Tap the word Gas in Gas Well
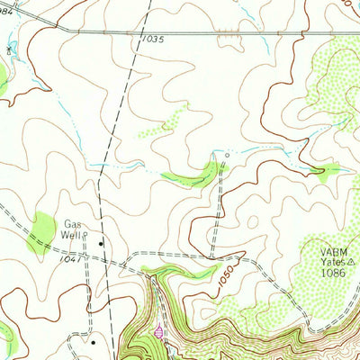pos(72,224)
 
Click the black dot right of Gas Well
pos(101,242)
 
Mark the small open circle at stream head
pos(227,154)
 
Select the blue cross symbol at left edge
pos(9,48)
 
